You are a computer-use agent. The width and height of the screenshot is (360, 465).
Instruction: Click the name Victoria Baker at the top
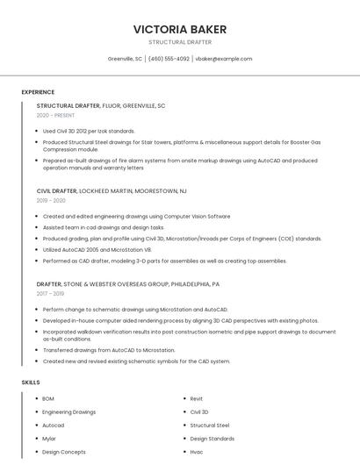click(179, 28)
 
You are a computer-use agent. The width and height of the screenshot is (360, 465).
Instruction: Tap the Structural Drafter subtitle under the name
click(179, 42)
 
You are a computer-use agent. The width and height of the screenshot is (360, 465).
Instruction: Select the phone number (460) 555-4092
click(169, 59)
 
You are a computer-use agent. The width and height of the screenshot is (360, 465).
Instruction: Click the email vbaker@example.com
click(223, 59)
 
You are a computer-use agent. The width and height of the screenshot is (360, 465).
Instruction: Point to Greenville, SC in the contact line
click(125, 59)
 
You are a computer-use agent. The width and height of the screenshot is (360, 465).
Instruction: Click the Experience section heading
click(38, 92)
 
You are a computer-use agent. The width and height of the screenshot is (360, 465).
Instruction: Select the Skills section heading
click(31, 383)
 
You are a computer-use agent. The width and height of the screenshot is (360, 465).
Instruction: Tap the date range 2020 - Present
click(55, 115)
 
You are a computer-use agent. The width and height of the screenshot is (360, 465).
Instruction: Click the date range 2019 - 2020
click(51, 200)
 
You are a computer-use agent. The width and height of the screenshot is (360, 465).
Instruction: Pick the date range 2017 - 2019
click(51, 294)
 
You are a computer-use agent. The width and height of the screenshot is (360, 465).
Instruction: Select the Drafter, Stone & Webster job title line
click(128, 284)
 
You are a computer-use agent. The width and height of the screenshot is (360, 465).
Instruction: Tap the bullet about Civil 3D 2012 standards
click(89, 131)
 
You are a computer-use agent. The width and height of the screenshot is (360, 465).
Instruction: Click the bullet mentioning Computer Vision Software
click(136, 216)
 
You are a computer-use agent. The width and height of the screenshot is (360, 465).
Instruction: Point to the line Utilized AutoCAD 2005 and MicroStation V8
click(97, 249)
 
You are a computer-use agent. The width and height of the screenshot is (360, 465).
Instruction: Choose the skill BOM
click(48, 398)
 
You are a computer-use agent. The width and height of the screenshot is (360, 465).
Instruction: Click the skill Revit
click(197, 398)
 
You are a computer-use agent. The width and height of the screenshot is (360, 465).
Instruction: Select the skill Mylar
click(48, 439)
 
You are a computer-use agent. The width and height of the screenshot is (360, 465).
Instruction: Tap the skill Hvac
click(197, 452)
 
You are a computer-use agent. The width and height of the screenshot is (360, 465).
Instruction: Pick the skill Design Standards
click(212, 439)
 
